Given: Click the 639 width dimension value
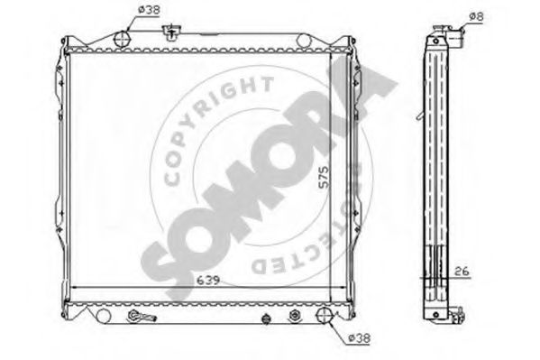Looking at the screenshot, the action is [x=207, y=280].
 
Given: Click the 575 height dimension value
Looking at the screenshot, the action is [x=324, y=177].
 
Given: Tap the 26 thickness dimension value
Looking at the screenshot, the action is [x=462, y=271].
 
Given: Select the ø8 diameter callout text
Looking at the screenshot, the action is [x=477, y=16].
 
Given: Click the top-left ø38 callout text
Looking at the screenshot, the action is [x=149, y=10].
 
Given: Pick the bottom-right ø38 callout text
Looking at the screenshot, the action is [x=359, y=338].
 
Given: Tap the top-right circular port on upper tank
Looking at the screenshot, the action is [x=304, y=41].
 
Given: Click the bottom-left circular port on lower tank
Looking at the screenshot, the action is [x=104, y=316].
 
